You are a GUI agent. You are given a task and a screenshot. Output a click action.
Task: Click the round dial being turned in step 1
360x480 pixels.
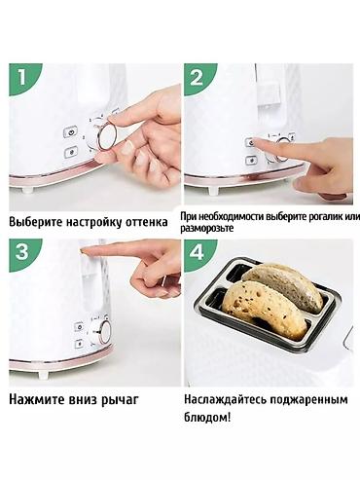tap(107, 134)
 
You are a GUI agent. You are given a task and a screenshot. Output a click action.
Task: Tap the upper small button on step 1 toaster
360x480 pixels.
tap(70, 132)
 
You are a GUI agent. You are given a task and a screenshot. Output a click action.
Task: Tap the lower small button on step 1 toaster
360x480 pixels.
tap(70, 152)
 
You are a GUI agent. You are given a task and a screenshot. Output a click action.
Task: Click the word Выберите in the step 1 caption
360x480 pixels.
tap(37, 222)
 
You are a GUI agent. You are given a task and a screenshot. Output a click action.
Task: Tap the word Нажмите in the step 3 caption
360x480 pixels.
tap(36, 398)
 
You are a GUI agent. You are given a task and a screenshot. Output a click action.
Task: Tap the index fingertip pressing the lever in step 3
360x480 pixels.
tap(90, 250)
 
